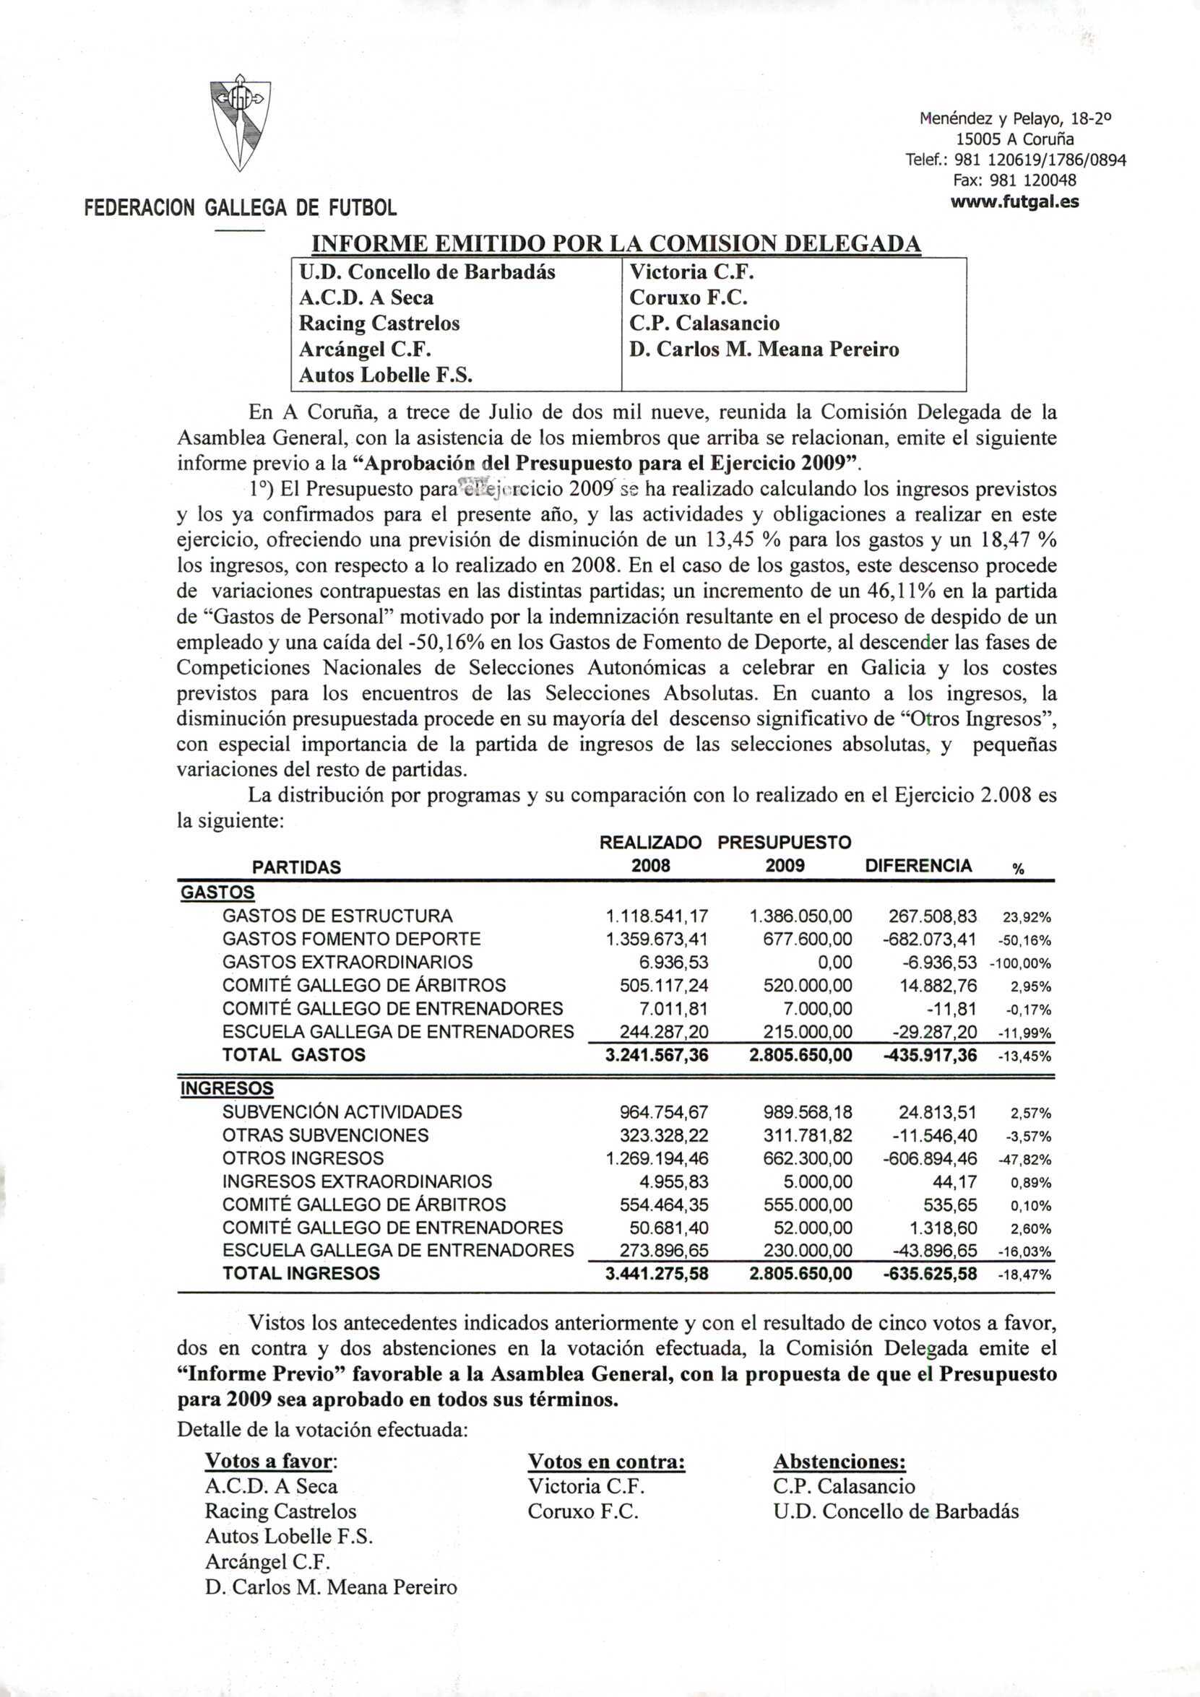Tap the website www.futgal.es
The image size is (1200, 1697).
tap(1014, 201)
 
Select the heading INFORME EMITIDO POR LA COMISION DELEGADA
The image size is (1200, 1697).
tap(616, 243)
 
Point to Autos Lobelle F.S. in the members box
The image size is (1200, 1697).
tap(385, 376)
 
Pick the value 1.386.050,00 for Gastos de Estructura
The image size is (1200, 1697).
tap(800, 916)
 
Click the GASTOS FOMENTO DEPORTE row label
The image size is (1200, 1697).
tap(351, 939)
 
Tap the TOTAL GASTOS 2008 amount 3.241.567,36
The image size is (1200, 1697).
tap(657, 1056)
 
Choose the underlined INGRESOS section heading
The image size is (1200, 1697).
tap(226, 1089)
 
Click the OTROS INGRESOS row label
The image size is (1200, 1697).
tap(303, 1158)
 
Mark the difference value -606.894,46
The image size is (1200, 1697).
tap(929, 1159)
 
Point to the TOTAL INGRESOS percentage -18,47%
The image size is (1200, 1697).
tap(1024, 1275)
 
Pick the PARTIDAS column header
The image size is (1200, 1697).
tap(296, 867)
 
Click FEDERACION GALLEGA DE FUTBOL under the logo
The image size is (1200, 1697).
tap(241, 208)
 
